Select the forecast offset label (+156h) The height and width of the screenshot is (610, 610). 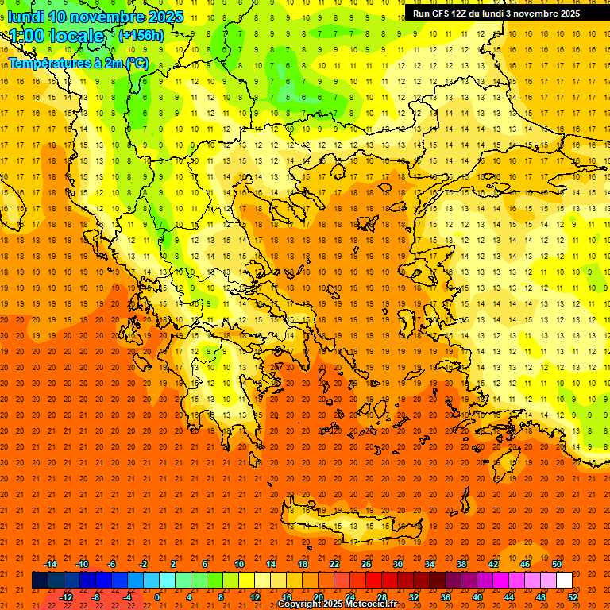coord(141,36)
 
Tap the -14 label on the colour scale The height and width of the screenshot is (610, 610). coord(50,564)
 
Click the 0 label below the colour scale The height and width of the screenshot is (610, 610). coord(157,597)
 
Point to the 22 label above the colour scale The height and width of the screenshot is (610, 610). coord(334,564)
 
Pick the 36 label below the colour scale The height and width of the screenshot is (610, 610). coord(446,597)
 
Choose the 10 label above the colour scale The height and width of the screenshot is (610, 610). coord(238,564)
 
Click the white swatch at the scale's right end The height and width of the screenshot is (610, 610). coord(564,581)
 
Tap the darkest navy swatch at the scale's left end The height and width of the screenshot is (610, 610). coord(41,581)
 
